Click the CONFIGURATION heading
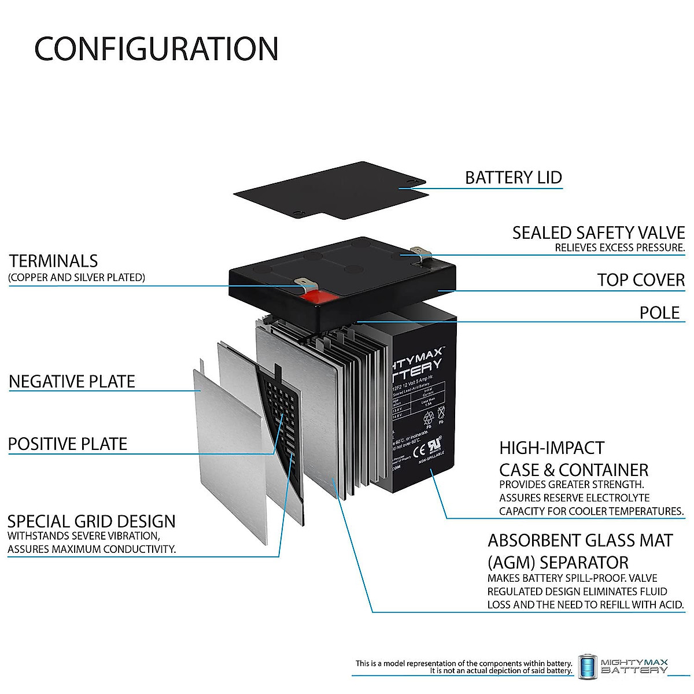156,49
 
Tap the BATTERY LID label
513,178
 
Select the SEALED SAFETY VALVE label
598,233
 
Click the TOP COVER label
641,280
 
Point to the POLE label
659,313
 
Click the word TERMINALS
54,261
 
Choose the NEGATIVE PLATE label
72,382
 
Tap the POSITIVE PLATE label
68,444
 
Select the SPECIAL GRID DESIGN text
91,521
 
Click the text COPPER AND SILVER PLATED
76,278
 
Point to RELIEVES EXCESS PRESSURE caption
619,248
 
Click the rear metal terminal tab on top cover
421,252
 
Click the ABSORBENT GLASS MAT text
580,541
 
